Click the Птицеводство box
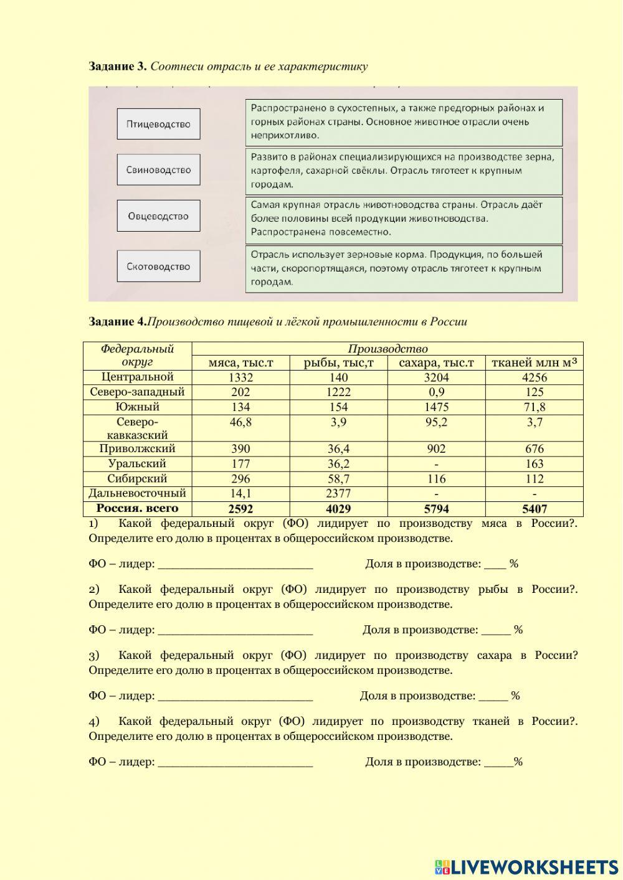point(158,124)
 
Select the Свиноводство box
point(158,169)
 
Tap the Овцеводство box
point(158,216)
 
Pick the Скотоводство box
point(158,267)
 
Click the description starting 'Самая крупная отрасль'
point(404,219)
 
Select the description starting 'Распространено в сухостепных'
point(404,121)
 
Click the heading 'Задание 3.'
point(118,66)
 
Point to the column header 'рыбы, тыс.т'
point(338,363)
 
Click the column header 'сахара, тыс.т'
point(436,363)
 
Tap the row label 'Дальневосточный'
point(137,493)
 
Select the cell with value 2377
point(338,494)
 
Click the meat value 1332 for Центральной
point(240,377)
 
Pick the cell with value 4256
point(534,377)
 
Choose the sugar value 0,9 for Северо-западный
point(436,392)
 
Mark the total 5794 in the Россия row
point(436,509)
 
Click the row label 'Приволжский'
point(137,448)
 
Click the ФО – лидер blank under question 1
point(235,564)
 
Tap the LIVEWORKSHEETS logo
point(526,866)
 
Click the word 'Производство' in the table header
point(387,349)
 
